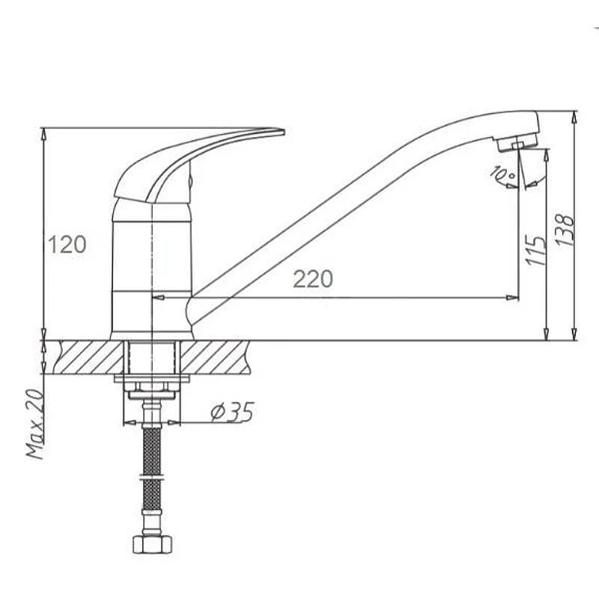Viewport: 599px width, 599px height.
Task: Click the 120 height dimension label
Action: (67, 245)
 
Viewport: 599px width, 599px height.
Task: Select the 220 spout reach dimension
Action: (313, 279)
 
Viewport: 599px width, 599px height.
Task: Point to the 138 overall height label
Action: (565, 230)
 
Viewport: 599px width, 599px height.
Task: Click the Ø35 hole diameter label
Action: (232, 413)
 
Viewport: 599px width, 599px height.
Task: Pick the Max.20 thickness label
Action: (35, 424)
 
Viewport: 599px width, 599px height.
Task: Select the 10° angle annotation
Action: (502, 173)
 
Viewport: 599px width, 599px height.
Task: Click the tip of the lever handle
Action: (285, 132)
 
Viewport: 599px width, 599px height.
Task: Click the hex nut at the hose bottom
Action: (152, 544)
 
